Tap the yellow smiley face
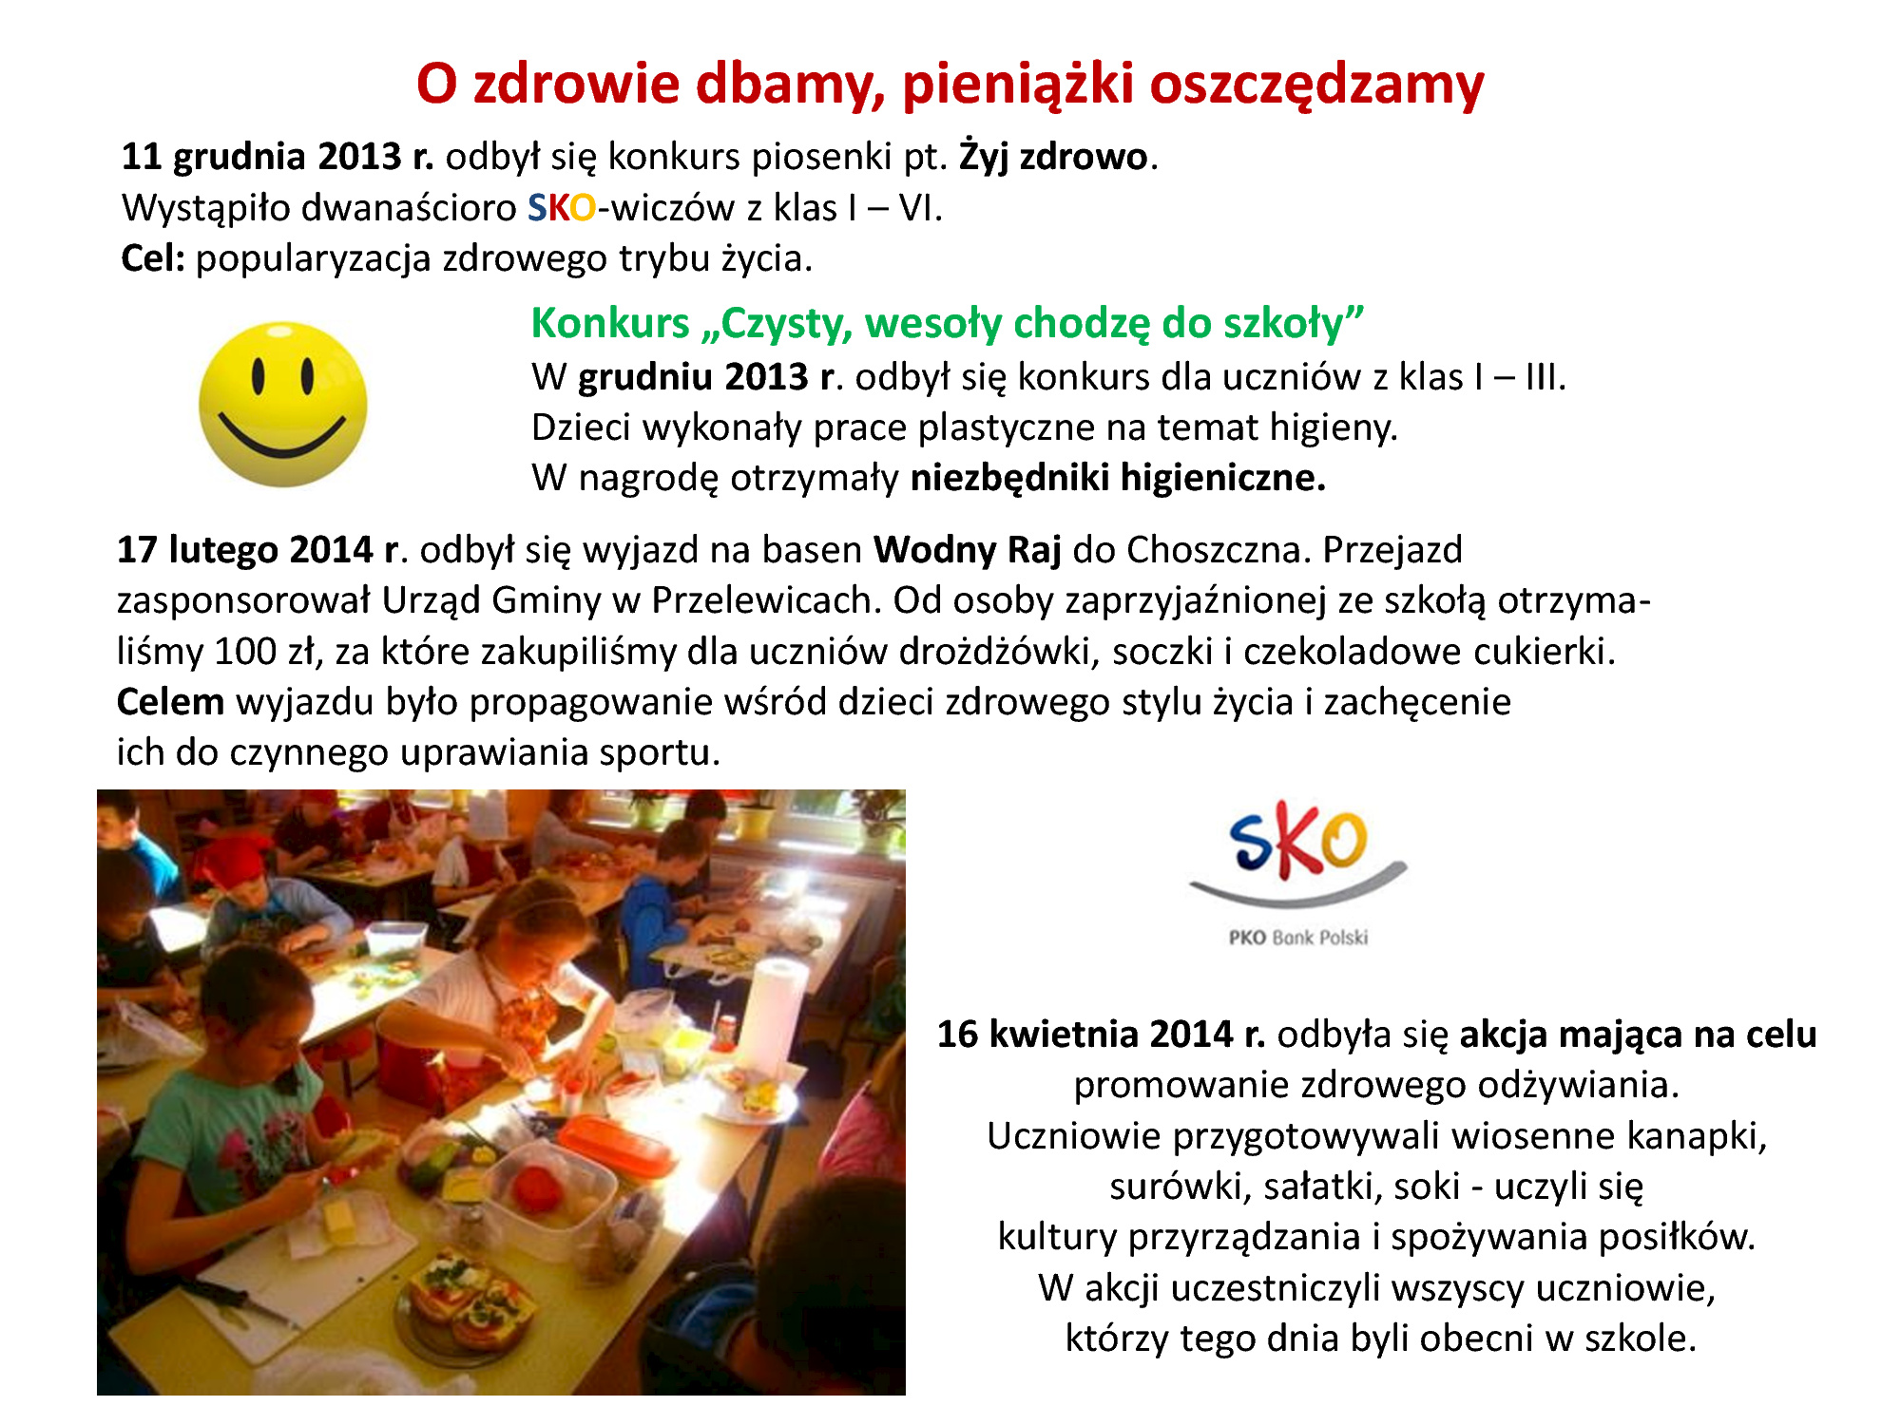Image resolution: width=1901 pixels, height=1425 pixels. (x=282, y=405)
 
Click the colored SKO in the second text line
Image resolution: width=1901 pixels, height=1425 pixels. (x=562, y=208)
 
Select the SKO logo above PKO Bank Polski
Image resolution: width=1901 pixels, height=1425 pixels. (x=1298, y=853)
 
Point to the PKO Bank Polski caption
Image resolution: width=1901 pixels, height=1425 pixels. (x=1298, y=938)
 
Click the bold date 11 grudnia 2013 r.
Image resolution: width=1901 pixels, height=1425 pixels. (x=278, y=157)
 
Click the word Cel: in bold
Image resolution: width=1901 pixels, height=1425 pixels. (x=153, y=258)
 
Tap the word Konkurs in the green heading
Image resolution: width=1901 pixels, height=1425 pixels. (x=610, y=323)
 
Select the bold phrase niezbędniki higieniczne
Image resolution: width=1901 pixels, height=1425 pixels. (x=1118, y=477)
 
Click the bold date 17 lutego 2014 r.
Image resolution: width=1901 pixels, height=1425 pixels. (x=257, y=550)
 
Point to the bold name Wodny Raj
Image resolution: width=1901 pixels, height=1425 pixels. (x=967, y=550)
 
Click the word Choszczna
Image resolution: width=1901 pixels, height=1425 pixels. (x=1214, y=550)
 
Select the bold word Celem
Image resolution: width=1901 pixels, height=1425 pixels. (x=170, y=702)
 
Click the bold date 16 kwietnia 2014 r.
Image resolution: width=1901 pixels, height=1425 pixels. (x=1101, y=1035)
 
